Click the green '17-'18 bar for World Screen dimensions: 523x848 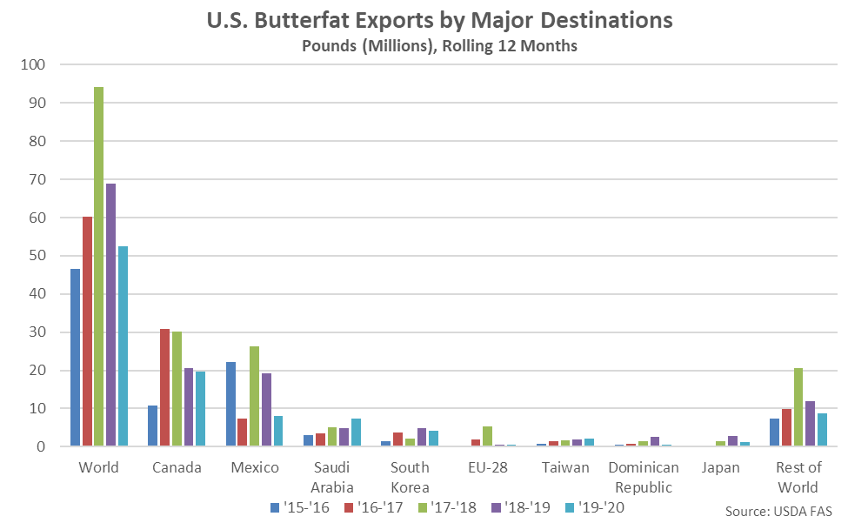coord(99,266)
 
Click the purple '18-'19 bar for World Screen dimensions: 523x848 coord(111,315)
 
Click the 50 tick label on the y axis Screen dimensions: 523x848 coord(37,256)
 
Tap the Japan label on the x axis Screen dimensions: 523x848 coord(718,467)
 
